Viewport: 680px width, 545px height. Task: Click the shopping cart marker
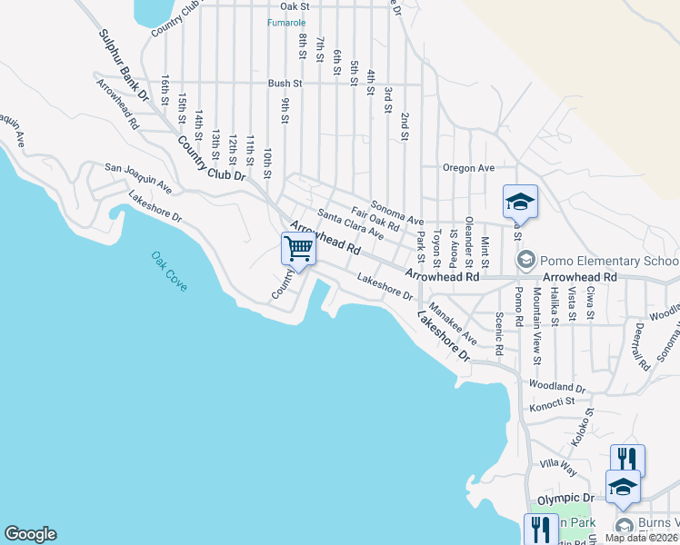click(297, 248)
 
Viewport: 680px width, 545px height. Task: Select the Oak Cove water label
click(169, 271)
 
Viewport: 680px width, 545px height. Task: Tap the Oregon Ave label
click(468, 168)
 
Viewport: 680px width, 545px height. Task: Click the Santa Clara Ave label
click(351, 224)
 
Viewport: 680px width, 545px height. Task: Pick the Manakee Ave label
click(454, 320)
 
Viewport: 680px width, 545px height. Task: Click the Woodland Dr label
click(556, 387)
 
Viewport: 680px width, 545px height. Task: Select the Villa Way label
click(557, 463)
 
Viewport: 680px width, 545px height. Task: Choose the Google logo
click(30, 534)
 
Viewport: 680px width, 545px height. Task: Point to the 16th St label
click(165, 89)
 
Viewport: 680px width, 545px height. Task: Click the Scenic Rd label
click(499, 333)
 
